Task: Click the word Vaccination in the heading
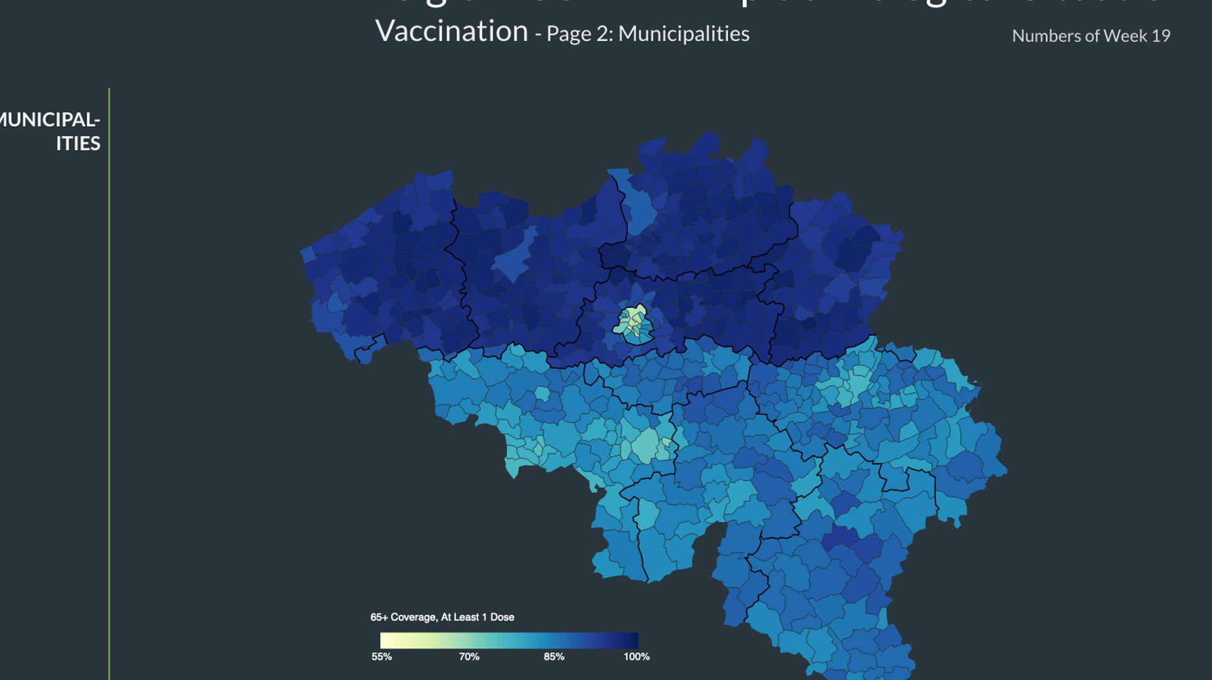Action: [x=451, y=32]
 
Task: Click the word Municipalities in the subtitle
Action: [x=684, y=34]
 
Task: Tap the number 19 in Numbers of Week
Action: [x=1160, y=36]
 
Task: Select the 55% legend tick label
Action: [x=381, y=657]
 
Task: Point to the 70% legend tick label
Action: [x=469, y=657]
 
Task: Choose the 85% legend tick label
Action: [x=554, y=657]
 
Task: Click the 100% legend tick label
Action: [x=636, y=657]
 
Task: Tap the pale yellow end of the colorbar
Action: [x=385, y=640]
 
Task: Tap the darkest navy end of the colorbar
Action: [x=634, y=640]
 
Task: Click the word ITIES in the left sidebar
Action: [x=78, y=144]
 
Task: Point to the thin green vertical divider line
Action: [x=109, y=378]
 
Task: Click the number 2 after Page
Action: [x=604, y=34]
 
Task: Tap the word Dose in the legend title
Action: [x=502, y=617]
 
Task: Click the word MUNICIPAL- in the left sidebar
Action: [x=50, y=120]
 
